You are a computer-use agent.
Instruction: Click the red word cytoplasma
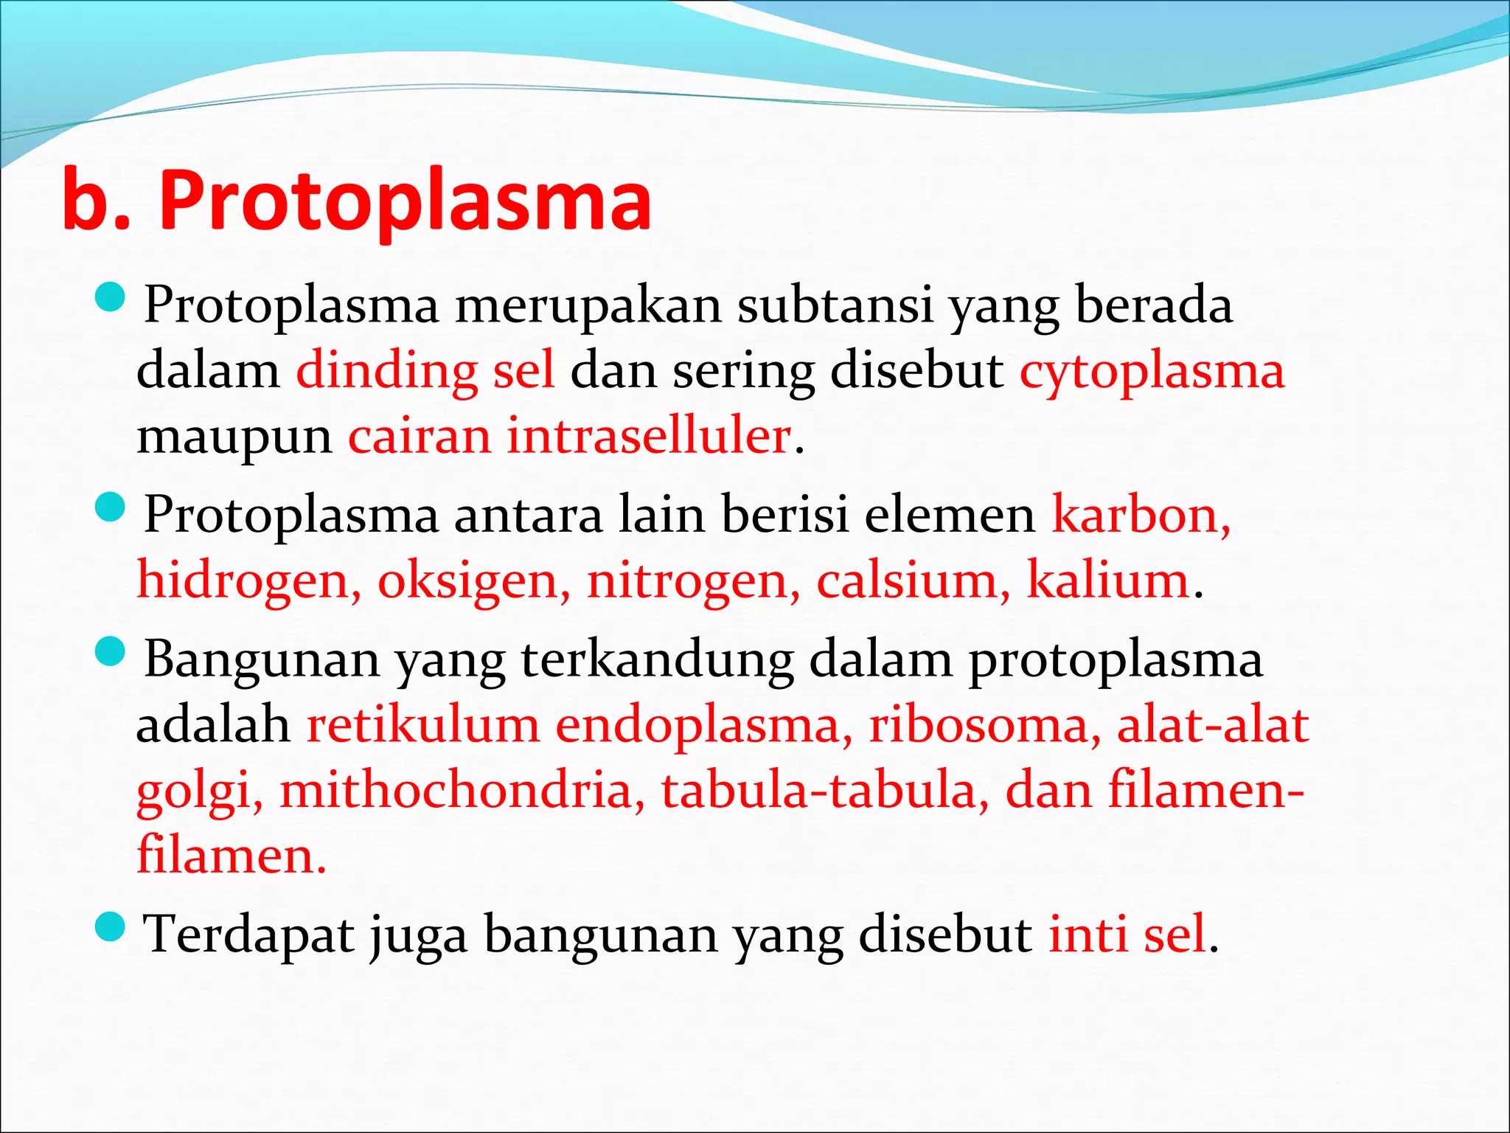(1152, 371)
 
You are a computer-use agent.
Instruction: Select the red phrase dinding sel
(425, 371)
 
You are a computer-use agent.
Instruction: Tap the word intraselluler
(649, 436)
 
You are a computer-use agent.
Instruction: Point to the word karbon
(1140, 514)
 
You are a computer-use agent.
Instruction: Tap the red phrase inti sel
(1128, 935)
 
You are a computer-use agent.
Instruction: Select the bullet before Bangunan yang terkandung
(111, 652)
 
